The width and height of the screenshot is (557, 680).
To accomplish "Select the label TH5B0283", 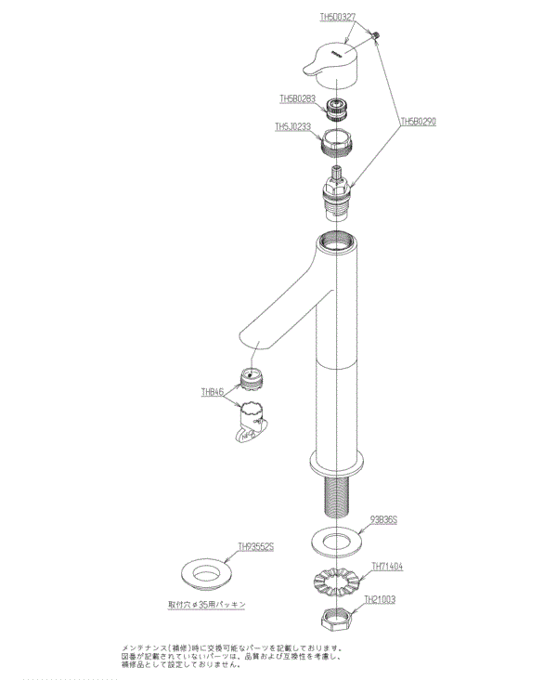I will click(298, 97).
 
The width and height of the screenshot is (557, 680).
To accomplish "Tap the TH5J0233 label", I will click(293, 127).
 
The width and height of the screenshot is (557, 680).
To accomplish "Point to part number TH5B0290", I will click(419, 121).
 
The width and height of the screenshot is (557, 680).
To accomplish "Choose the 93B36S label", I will click(383, 520).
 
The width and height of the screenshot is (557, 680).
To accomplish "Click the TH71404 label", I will click(387, 565).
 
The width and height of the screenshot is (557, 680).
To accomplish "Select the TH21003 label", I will click(380, 599).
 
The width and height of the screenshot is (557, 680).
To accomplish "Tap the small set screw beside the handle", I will click(378, 36).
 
